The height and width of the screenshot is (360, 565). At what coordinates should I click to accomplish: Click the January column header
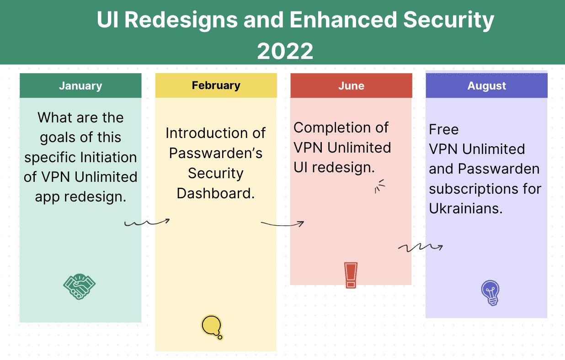pyautogui.click(x=80, y=86)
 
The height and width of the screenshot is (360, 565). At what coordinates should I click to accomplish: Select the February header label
pyautogui.click(x=216, y=85)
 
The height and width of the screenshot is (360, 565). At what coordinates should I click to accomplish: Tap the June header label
pyautogui.click(x=351, y=86)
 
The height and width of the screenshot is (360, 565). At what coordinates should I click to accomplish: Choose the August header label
pyautogui.click(x=486, y=86)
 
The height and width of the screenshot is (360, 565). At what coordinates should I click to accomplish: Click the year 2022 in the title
pyautogui.click(x=285, y=51)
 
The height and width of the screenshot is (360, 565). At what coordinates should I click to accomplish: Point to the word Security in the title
pyautogui.click(x=448, y=20)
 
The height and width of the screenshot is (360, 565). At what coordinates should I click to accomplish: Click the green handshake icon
pyautogui.click(x=79, y=286)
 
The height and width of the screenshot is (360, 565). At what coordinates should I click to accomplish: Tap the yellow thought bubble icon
pyautogui.click(x=212, y=327)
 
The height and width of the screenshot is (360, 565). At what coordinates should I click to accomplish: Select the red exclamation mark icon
pyautogui.click(x=351, y=275)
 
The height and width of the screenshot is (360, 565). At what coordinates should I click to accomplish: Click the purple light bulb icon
pyautogui.click(x=490, y=293)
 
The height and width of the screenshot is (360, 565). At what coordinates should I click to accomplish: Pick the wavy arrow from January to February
pyautogui.click(x=147, y=222)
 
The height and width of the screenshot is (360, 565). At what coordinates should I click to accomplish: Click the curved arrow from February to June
pyautogui.click(x=282, y=224)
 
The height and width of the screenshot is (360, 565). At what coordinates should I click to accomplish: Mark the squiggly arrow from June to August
pyautogui.click(x=421, y=247)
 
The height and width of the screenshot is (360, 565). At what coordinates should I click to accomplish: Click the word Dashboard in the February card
pyautogui.click(x=216, y=193)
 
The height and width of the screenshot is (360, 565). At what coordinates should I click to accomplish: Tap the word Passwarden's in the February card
pyautogui.click(x=216, y=153)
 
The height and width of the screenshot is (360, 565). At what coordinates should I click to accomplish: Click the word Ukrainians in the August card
pyautogui.click(x=466, y=209)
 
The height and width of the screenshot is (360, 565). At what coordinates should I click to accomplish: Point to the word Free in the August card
pyautogui.click(x=444, y=130)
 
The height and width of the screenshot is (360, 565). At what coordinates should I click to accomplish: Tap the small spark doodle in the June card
pyautogui.click(x=380, y=186)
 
